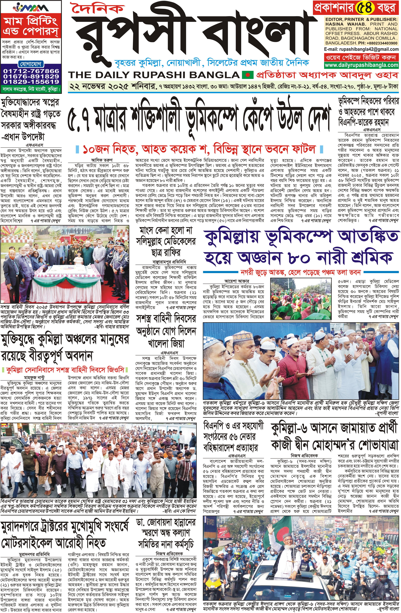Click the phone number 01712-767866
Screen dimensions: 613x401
pyautogui.click(x=31, y=71)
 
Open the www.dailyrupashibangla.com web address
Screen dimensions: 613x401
pyautogui.click(x=361, y=65)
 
